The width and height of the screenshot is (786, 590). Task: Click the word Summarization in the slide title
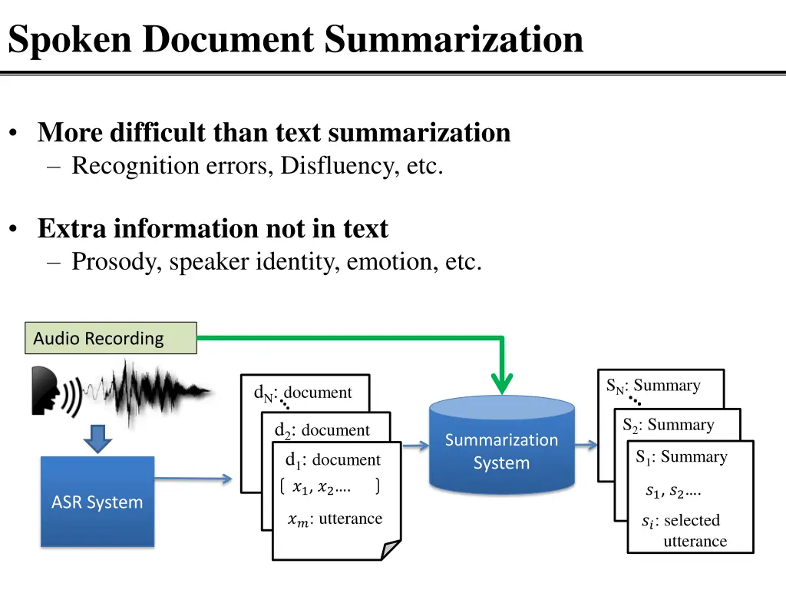click(454, 39)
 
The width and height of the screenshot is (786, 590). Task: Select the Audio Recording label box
click(111, 338)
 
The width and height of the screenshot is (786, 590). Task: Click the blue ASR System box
click(97, 502)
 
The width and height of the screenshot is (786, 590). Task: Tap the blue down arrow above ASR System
click(97, 439)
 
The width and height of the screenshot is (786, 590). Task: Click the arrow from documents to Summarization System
click(415, 445)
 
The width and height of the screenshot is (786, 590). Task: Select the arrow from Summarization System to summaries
click(586, 445)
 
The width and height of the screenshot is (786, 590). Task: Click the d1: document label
click(332, 460)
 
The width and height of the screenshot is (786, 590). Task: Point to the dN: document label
click(303, 393)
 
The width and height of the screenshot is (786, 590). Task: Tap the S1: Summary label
click(681, 457)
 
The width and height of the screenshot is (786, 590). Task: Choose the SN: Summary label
click(653, 386)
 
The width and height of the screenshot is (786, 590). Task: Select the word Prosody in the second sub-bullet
click(117, 262)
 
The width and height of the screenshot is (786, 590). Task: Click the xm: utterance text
click(335, 519)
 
